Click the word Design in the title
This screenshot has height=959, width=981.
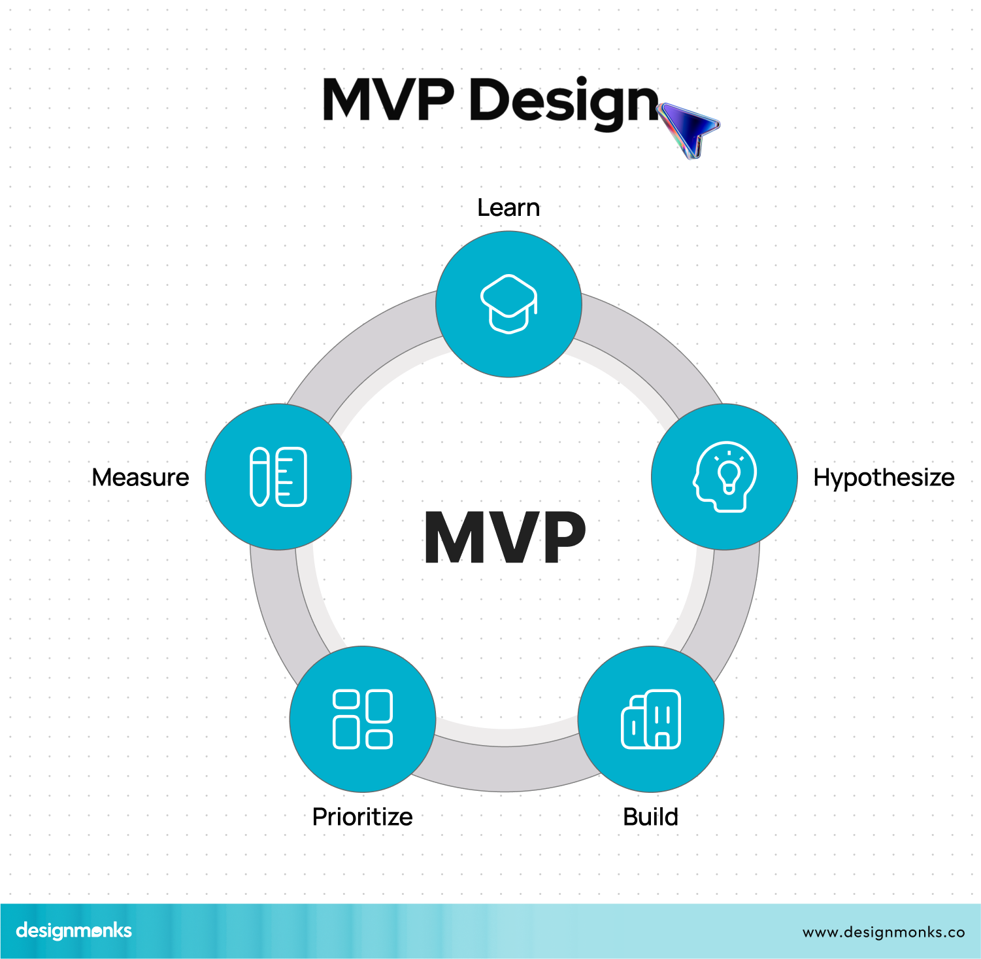pos(563,101)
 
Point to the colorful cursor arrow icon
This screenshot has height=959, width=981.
pos(688,128)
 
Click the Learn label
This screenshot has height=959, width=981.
pos(508,208)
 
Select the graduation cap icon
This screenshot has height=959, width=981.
pos(508,304)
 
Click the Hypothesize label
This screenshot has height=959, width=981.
pos(884,478)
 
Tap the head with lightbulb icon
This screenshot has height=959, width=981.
pos(724,477)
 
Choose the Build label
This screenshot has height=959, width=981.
pos(650,817)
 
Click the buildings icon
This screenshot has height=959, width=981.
pos(651,719)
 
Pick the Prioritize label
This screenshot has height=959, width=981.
pos(363,817)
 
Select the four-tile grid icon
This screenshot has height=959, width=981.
pos(363,719)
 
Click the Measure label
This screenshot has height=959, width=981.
pos(141,478)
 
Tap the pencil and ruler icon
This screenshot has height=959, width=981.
pos(278,477)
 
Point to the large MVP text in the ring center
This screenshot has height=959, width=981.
pos(505,538)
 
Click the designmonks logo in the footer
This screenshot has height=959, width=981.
pos(74,931)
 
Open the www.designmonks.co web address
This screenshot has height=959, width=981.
pos(884,932)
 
